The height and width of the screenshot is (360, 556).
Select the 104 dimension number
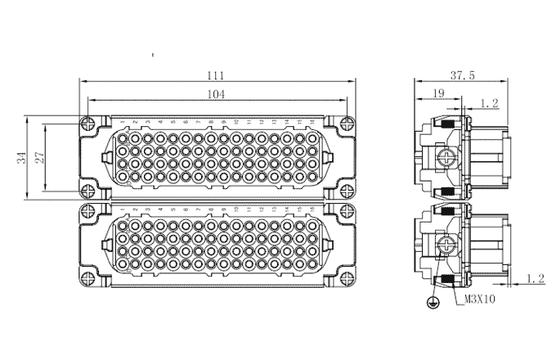click(x=217, y=94)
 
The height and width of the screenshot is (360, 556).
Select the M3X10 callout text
click(x=479, y=299)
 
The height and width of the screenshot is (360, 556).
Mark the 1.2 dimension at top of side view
click(x=489, y=103)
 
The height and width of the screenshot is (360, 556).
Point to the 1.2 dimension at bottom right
click(x=535, y=279)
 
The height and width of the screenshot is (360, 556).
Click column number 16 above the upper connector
click(x=312, y=122)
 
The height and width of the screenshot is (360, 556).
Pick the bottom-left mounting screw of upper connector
click(x=87, y=191)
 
